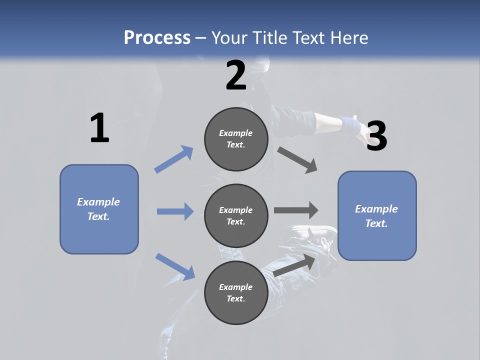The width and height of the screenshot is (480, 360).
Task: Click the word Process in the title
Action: (157, 37)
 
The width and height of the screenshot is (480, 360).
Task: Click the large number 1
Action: (99, 128)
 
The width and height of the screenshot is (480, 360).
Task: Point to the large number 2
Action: (236, 75)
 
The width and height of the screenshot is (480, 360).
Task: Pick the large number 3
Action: (376, 136)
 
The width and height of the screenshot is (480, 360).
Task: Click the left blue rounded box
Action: (99, 209)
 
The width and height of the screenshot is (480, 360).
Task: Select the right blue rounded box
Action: (377, 216)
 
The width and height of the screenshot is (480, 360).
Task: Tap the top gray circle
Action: (236, 139)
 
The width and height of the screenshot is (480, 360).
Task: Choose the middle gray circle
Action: (236, 216)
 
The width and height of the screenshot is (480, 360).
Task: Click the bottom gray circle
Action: (236, 293)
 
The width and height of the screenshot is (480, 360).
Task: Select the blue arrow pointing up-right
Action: (174, 159)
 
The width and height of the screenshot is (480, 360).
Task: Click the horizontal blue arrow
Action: (175, 211)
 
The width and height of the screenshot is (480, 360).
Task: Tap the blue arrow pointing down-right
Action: (175, 266)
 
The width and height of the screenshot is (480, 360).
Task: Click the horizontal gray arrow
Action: (296, 210)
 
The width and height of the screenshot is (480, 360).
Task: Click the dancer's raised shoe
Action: (312, 235)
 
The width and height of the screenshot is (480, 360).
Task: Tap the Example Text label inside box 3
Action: (376, 216)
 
